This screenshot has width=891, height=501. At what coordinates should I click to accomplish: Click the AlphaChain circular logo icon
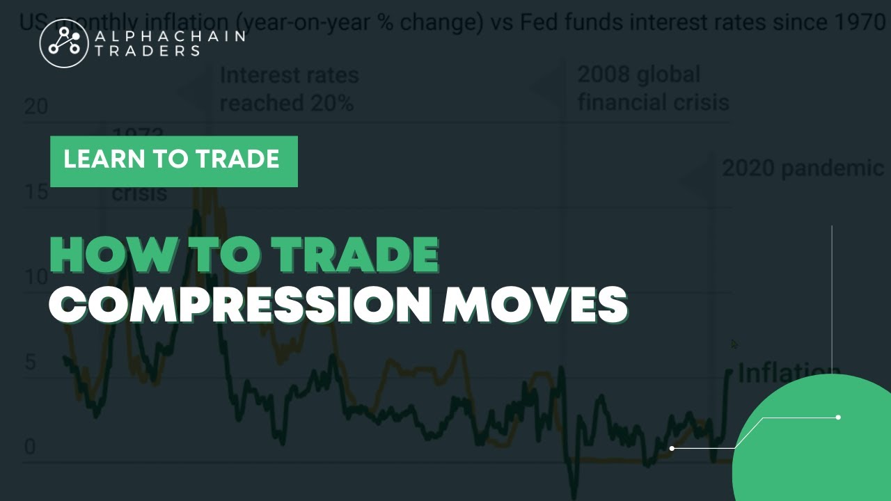tap(63, 43)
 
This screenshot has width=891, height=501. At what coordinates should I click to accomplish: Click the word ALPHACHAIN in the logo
tap(169, 35)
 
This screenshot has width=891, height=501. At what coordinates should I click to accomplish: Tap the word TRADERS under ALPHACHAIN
tap(147, 51)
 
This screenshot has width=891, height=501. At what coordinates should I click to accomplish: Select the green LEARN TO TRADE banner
tap(173, 161)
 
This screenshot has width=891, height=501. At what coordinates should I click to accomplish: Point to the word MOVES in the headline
tap(535, 304)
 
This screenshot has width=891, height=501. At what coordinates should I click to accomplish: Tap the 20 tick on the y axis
tap(36, 106)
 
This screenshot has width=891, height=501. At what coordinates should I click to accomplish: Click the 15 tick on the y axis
tap(36, 191)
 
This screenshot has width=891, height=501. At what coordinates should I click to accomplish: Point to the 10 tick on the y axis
tap(36, 277)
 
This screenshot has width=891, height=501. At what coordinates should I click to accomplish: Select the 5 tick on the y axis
tap(30, 362)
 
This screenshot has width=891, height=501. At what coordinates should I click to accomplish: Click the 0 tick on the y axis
tap(30, 447)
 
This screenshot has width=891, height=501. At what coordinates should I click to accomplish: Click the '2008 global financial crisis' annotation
tap(653, 88)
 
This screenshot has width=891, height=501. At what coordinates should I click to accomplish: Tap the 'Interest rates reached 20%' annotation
tap(289, 88)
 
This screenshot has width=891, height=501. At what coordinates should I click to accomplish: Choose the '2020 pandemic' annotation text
tap(803, 168)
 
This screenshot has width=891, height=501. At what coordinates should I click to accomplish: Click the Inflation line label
tap(788, 374)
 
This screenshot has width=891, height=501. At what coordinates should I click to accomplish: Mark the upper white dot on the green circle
tap(838, 417)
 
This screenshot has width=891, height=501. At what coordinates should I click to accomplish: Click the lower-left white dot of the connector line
tap(672, 448)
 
